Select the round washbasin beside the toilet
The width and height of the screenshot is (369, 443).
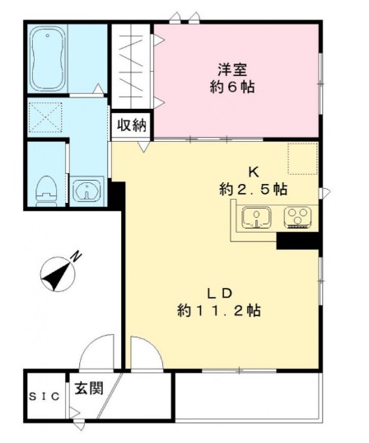click(x=86, y=191)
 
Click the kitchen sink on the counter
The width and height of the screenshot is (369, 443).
click(x=258, y=219)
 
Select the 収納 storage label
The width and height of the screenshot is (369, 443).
click(x=132, y=125)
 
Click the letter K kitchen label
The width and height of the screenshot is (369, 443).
click(x=255, y=172)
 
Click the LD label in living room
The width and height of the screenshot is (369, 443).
click(x=222, y=294)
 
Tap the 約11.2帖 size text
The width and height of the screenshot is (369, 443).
click(x=219, y=311)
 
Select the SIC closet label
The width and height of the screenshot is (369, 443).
click(x=44, y=397)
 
